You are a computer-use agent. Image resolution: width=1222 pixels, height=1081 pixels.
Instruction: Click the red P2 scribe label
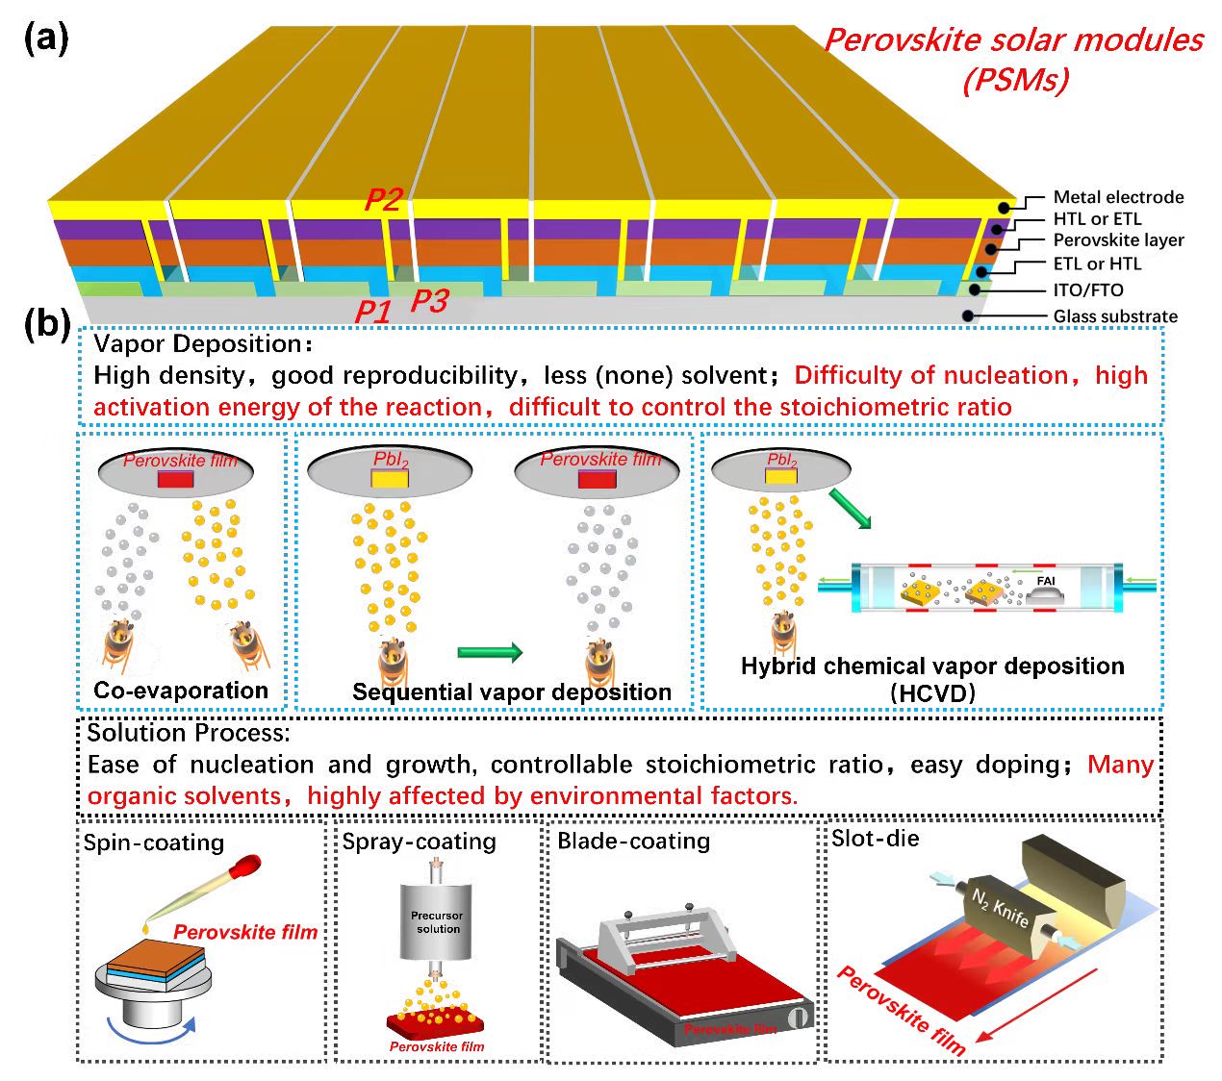383,199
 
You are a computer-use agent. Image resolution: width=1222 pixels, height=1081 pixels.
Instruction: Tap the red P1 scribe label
373,312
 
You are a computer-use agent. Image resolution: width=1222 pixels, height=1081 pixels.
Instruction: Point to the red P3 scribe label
429,301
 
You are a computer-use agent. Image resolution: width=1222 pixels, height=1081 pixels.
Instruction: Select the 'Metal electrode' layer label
1118,197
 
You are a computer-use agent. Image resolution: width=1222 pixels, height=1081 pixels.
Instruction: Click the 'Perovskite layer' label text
1118,240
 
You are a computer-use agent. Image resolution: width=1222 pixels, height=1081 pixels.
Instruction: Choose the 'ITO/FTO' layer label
1087,290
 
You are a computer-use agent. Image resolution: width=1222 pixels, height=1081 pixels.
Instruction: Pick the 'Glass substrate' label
1114,316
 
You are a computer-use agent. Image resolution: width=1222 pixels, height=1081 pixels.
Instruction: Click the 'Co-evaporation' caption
181,691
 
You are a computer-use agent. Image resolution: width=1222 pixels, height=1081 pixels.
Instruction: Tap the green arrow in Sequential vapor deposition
490,653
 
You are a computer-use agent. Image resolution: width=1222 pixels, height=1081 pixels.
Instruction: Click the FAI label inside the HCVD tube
1045,581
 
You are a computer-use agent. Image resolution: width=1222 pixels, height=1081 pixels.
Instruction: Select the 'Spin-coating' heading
154,843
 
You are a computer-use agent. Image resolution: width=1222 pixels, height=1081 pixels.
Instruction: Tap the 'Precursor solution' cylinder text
438,922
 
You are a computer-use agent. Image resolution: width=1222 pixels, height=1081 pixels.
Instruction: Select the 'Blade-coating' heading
633,842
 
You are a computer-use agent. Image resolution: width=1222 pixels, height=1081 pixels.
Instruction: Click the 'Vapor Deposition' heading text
197,344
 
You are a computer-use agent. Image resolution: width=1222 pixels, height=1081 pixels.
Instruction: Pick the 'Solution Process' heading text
188,733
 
